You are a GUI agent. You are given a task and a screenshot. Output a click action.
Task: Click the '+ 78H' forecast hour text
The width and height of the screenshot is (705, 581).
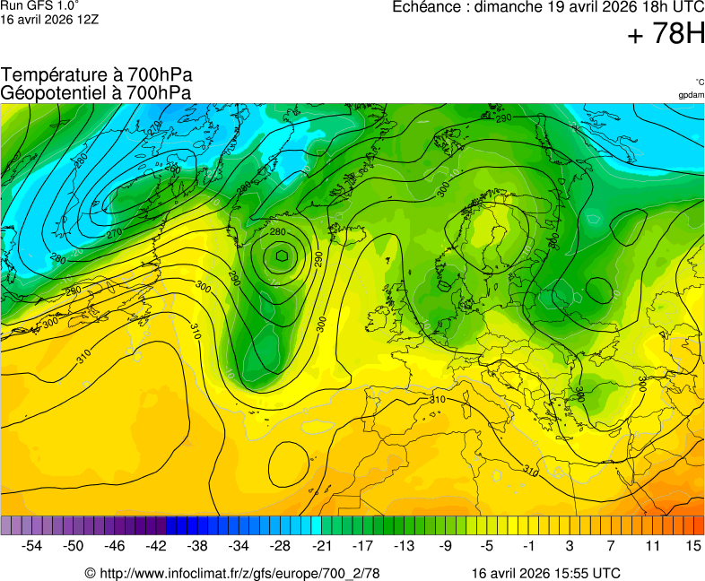coord(666,34)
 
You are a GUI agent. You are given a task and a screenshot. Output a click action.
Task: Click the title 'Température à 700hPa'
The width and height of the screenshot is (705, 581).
coord(96,75)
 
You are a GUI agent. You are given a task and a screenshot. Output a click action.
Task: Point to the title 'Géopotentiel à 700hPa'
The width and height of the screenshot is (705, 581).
coord(96,92)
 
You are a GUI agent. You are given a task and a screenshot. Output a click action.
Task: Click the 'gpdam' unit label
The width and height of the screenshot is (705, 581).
coord(691,95)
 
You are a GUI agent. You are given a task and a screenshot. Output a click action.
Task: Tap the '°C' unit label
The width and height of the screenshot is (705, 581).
coord(699,82)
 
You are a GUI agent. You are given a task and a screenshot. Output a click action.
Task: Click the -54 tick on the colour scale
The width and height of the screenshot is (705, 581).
coord(32,545)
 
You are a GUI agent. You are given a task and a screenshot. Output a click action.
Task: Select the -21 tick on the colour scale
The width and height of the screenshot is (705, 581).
coord(321,545)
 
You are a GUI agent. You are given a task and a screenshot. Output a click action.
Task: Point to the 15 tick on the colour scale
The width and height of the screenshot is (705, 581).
coord(692,545)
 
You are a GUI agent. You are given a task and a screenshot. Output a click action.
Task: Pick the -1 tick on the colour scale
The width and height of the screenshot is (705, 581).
coord(528,545)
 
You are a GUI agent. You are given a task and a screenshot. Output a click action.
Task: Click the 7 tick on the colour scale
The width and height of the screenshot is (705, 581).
coord(610,545)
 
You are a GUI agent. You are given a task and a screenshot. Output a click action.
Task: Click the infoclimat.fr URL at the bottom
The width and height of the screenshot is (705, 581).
coord(232,573)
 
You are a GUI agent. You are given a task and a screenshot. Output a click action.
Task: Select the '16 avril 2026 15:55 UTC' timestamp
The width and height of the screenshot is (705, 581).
coord(545,573)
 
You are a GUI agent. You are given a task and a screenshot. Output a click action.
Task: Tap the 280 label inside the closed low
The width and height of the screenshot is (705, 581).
coord(277,232)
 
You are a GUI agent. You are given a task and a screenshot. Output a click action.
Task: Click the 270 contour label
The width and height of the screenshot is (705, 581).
coord(114,233)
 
